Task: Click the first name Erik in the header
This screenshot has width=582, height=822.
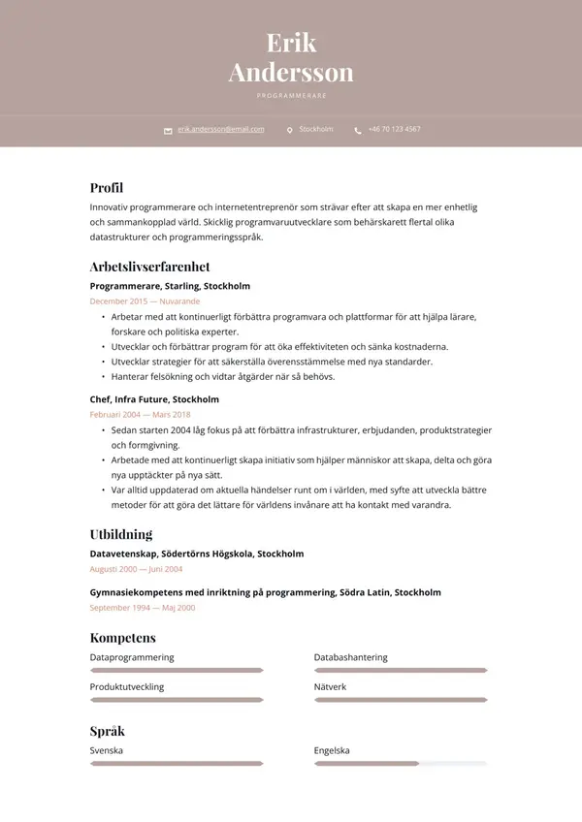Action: (x=291, y=44)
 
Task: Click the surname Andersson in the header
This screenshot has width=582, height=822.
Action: (x=291, y=73)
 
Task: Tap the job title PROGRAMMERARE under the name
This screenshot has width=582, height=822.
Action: (x=291, y=96)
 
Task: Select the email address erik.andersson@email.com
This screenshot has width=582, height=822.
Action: (x=220, y=129)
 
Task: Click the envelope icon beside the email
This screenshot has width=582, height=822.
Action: (x=168, y=130)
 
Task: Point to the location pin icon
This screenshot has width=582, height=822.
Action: (x=289, y=130)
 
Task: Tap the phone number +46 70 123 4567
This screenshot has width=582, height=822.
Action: (x=394, y=129)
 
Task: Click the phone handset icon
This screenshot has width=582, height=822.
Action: (x=358, y=130)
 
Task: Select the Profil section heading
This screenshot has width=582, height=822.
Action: (x=107, y=188)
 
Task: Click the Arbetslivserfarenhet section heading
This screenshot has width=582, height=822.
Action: (x=149, y=267)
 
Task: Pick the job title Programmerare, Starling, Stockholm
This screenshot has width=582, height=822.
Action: (x=170, y=286)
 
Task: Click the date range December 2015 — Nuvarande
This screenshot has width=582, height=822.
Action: (x=145, y=301)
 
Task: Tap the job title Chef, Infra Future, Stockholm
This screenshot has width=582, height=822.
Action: (x=154, y=399)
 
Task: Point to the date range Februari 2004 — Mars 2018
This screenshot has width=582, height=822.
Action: (x=140, y=415)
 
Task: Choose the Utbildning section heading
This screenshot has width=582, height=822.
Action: (x=121, y=534)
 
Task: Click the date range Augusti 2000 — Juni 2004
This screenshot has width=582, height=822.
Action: (x=136, y=569)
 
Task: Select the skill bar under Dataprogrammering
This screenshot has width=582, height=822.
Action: (x=177, y=670)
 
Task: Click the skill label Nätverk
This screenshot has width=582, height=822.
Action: (x=330, y=686)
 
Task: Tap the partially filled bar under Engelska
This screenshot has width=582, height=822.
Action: (x=400, y=764)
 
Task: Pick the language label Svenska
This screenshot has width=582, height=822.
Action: (x=107, y=750)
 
